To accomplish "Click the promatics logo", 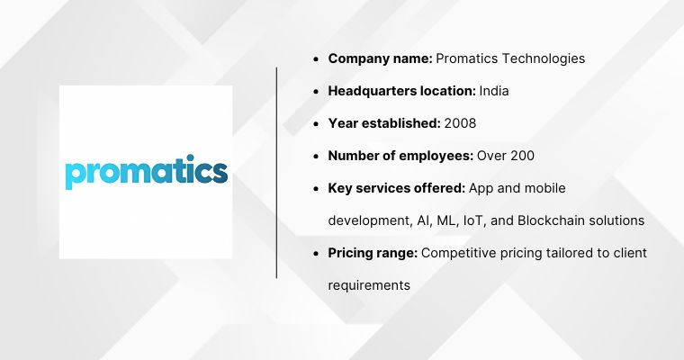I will [x=146, y=172].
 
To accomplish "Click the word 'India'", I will [x=495, y=91].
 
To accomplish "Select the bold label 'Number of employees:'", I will [x=400, y=156].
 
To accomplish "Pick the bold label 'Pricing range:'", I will [x=373, y=253].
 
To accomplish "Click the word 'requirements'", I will [x=369, y=285].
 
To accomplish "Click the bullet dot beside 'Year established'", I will [x=315, y=123].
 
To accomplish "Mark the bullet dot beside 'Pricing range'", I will [x=315, y=253].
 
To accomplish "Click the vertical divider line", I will [x=276, y=171].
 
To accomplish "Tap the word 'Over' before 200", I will [x=493, y=156].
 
